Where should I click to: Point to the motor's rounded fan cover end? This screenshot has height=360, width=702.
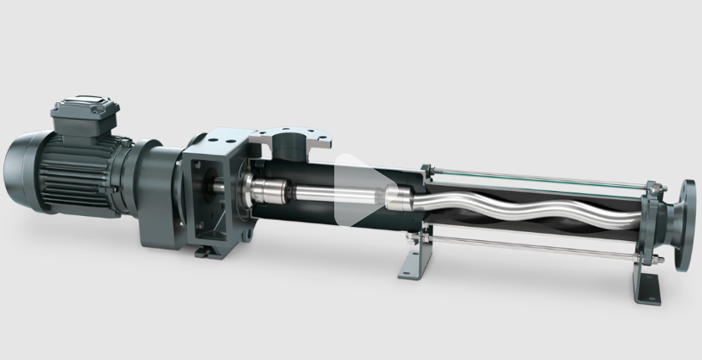coord(21,171)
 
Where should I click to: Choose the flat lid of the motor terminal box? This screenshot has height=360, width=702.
coord(85,106)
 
